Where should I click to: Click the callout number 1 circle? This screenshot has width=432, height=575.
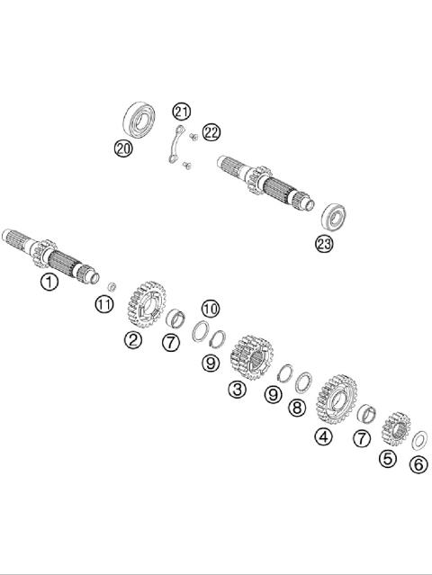click(49, 283)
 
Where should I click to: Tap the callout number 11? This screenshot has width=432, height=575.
click(105, 305)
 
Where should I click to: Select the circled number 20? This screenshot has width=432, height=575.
click(123, 148)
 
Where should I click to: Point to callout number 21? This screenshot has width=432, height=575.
click(183, 112)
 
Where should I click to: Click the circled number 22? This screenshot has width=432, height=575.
click(211, 132)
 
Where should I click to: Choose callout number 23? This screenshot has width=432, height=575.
click(324, 242)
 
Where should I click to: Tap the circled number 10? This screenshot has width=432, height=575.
click(210, 308)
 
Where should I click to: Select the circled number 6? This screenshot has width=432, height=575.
click(418, 464)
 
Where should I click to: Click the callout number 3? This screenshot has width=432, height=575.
click(238, 390)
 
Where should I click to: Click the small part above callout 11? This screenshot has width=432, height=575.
click(111, 286)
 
